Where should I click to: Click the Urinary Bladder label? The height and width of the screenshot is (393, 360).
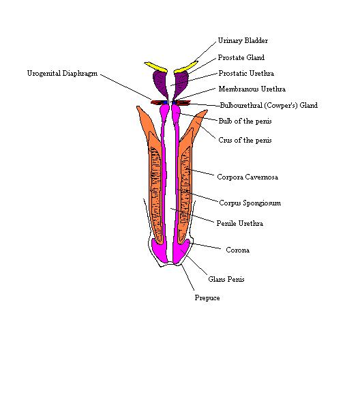click(243, 41)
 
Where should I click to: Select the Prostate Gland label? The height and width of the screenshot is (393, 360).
click(241, 57)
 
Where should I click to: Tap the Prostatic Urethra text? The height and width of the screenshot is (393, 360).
click(246, 73)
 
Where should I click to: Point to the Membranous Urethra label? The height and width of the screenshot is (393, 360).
click(252, 89)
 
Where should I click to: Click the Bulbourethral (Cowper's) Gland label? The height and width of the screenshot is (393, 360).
click(269, 105)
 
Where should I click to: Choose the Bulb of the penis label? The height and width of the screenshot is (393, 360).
click(245, 121)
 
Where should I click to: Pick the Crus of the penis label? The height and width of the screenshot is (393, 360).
click(245, 140)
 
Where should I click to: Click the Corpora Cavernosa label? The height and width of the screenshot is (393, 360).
click(247, 177)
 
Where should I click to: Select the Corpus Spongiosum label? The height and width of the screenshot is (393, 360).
click(250, 203)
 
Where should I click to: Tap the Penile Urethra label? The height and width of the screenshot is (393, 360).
click(240, 223)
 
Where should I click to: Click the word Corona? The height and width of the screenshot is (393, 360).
click(237, 250)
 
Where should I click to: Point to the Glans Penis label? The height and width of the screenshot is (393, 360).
click(226, 279)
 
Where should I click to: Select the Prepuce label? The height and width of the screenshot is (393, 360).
click(207, 297)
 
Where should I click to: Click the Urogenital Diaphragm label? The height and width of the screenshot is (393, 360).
click(62, 74)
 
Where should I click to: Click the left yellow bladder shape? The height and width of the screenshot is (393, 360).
click(156, 67)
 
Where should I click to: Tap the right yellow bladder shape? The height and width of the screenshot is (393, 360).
click(186, 67)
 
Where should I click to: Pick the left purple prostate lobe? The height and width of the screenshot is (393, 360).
click(161, 83)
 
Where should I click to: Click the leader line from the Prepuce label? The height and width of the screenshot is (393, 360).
click(187, 278)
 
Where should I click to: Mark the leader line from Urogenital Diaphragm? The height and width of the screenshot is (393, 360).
click(125, 87)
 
